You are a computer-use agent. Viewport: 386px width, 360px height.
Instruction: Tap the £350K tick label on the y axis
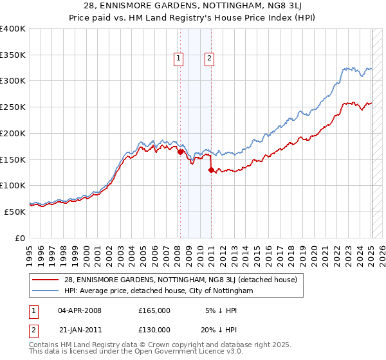(13, 55)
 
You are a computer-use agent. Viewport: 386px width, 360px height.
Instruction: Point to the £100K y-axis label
(13, 185)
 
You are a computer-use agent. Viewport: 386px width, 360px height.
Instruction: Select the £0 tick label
(20, 238)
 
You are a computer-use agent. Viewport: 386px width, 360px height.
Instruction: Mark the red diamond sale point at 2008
(181, 152)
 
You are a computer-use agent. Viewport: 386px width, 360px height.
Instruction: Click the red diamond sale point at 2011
(212, 170)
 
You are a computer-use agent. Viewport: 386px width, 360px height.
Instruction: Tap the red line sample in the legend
(46, 280)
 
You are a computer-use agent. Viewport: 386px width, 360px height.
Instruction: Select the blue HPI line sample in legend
(46, 291)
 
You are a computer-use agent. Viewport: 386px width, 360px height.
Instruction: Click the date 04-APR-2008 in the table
(80, 310)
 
